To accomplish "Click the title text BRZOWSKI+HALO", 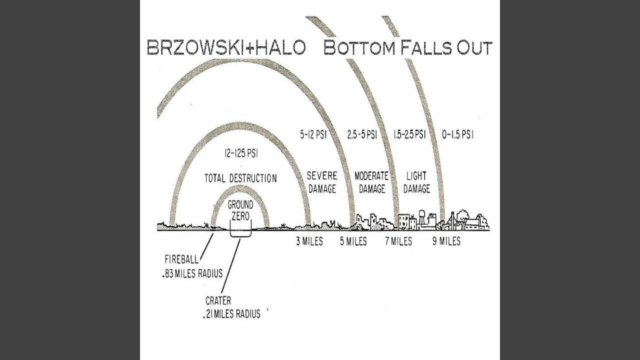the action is [x=226, y=47].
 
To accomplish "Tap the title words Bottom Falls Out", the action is [x=407, y=47].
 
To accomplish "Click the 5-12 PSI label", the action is [x=313, y=135].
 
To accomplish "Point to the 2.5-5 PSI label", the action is [x=362, y=135].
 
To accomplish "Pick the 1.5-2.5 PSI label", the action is [x=409, y=135].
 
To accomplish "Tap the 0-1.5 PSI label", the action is [x=457, y=135].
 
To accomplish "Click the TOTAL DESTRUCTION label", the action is [x=240, y=178].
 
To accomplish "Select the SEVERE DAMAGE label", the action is [x=322, y=182].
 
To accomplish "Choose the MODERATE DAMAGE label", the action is [x=371, y=182].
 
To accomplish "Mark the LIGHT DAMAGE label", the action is [x=416, y=182].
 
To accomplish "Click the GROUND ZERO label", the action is [x=240, y=211].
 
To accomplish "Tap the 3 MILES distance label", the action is [x=309, y=241].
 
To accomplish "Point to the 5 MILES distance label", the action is [x=353, y=241].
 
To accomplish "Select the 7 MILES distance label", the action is [x=398, y=241].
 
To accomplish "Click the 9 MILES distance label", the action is [x=446, y=241].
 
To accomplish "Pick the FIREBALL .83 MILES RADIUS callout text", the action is [x=193, y=266].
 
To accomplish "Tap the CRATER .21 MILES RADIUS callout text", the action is [x=232, y=307].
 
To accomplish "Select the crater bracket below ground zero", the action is [x=240, y=233].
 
